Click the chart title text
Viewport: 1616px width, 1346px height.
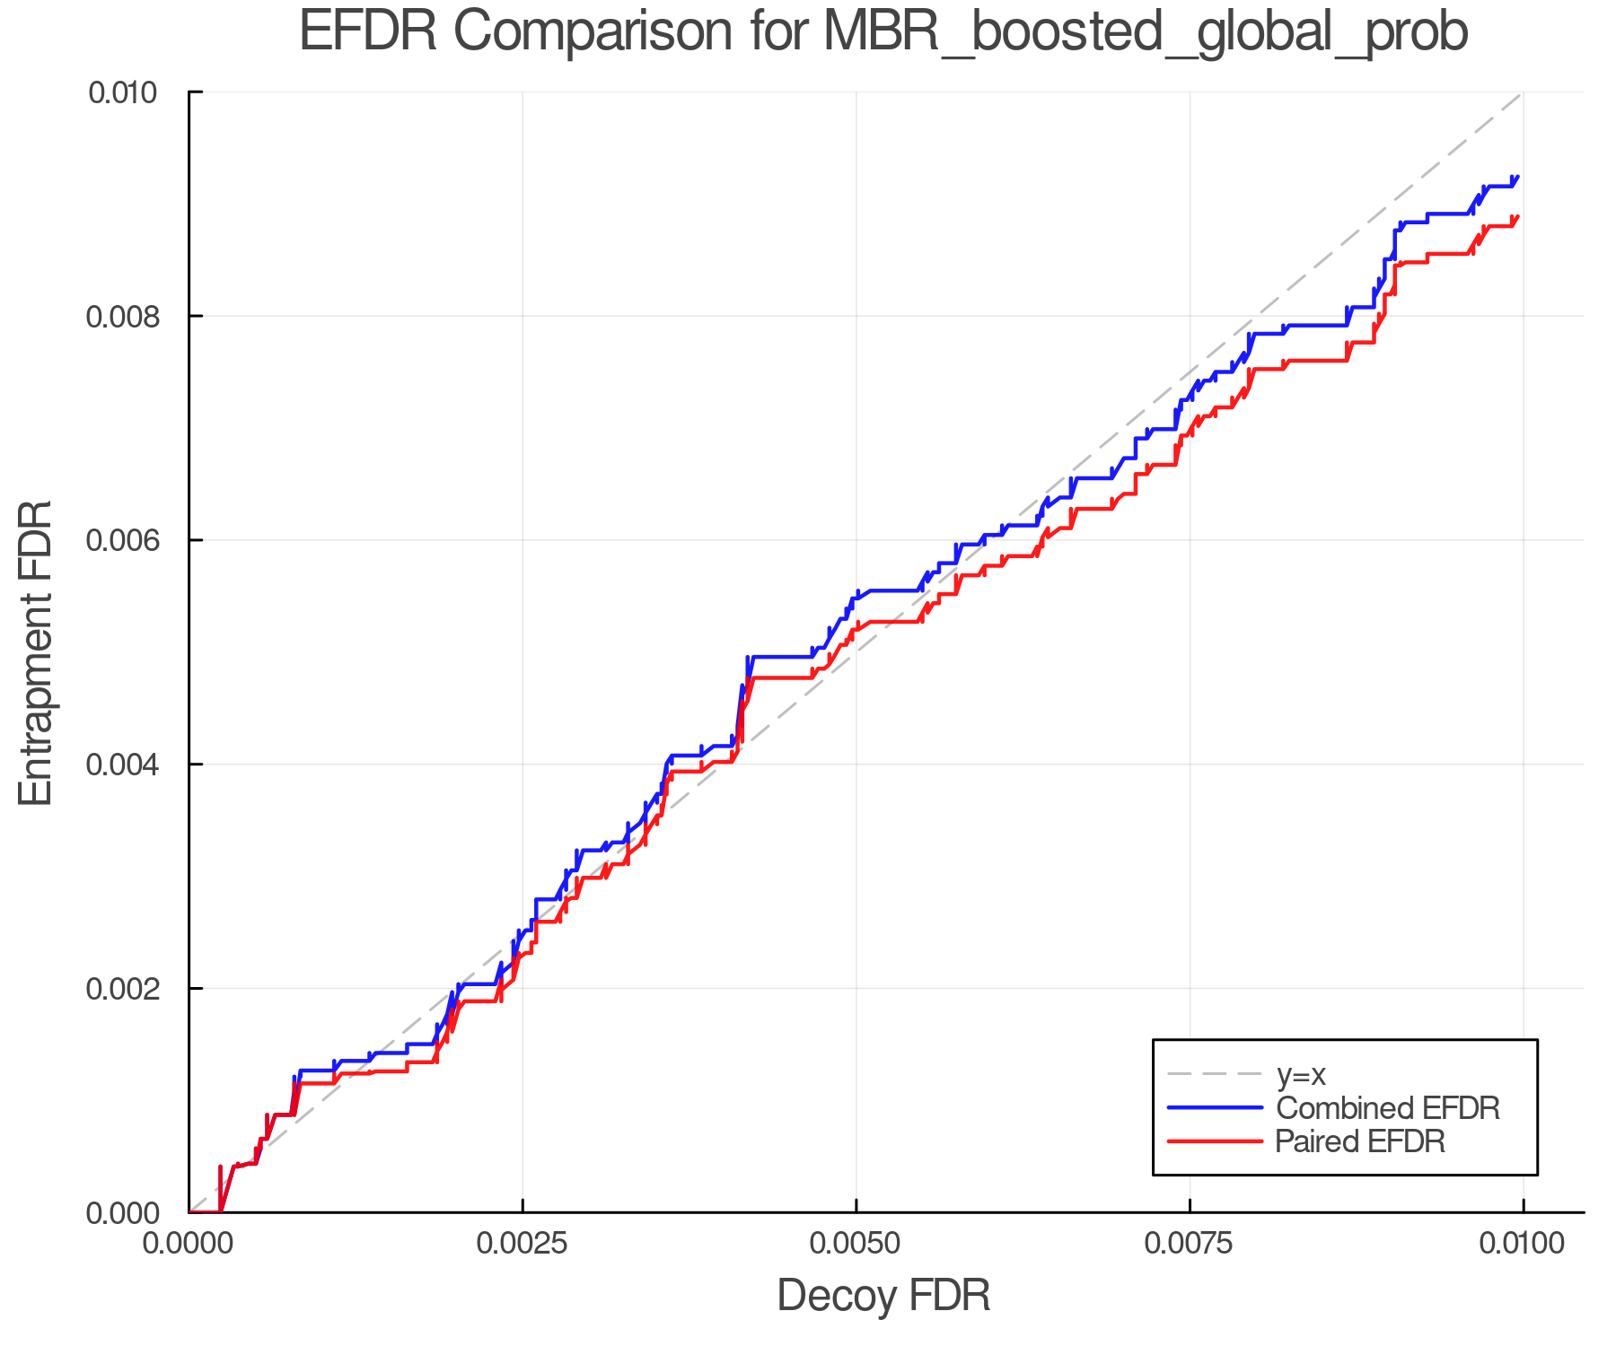(883, 32)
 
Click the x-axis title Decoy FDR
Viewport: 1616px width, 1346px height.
(883, 1296)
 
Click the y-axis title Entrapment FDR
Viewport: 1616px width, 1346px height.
(36, 652)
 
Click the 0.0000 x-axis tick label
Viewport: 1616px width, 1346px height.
(189, 1244)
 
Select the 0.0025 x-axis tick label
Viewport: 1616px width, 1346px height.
(523, 1244)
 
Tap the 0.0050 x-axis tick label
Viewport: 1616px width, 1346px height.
(856, 1244)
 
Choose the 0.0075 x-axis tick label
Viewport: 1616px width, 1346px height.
(1190, 1244)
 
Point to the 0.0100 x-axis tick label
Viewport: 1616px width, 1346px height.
(1523, 1244)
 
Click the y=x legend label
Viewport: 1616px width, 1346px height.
(1301, 1074)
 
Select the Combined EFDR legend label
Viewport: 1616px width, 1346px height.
(1387, 1108)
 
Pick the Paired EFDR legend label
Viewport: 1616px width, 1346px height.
(1360, 1141)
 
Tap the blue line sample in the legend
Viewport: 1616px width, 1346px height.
(1215, 1108)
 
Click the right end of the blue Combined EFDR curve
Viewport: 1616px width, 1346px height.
(1517, 177)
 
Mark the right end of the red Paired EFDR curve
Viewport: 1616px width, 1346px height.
(1517, 216)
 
